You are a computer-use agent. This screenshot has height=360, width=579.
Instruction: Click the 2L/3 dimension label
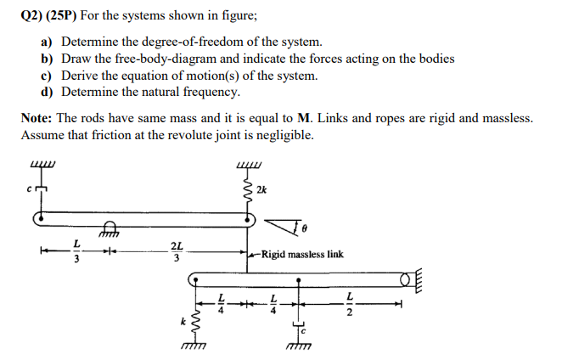pyautogui.click(x=176, y=252)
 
